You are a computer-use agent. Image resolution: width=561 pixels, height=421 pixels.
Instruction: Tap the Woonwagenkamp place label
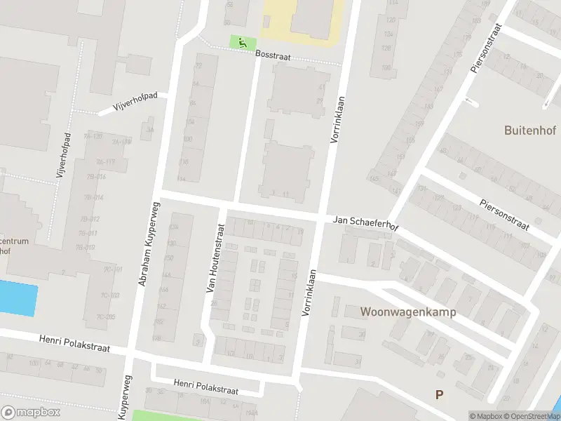coord(408,312)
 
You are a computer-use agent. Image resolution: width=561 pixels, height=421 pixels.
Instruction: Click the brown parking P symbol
coord(439,395)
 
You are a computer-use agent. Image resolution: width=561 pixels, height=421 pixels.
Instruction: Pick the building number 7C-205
coord(105,317)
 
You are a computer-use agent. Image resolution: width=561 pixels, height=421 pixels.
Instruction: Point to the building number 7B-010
coord(86,247)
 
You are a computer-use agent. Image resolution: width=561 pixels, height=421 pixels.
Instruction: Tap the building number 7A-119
coord(121,142)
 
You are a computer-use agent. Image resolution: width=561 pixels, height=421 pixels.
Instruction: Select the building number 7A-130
coord(93,136)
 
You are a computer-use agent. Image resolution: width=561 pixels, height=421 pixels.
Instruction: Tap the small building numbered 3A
coord(148,130)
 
